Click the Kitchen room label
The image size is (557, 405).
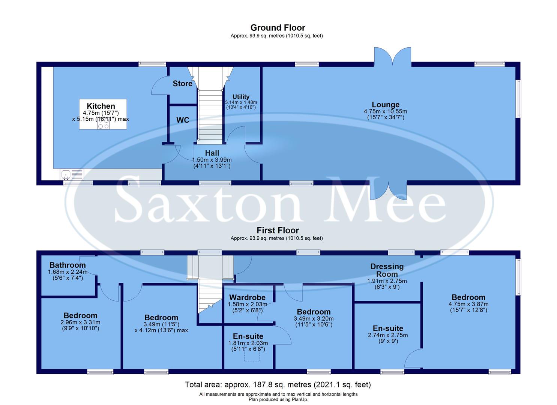[101, 106]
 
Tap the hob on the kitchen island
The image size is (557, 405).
[103, 123]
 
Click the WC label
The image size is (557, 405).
[183, 120]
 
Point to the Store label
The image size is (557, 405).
[182, 83]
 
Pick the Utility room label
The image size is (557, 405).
[241, 97]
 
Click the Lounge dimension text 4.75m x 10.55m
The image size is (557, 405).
[385, 111]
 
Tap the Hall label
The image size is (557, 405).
[212, 153]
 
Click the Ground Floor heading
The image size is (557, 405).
[278, 28]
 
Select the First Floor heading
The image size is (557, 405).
[278, 230]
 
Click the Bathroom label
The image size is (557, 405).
[68, 265]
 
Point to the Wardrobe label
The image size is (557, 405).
[248, 297]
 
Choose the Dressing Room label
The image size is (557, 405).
[387, 270]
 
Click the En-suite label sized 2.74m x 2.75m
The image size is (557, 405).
[388, 328]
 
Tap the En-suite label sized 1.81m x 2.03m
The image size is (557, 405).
[248, 336]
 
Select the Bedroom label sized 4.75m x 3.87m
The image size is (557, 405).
[468, 297]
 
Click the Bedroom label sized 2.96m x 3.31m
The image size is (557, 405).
[80, 316]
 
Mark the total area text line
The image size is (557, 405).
[278, 384]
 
